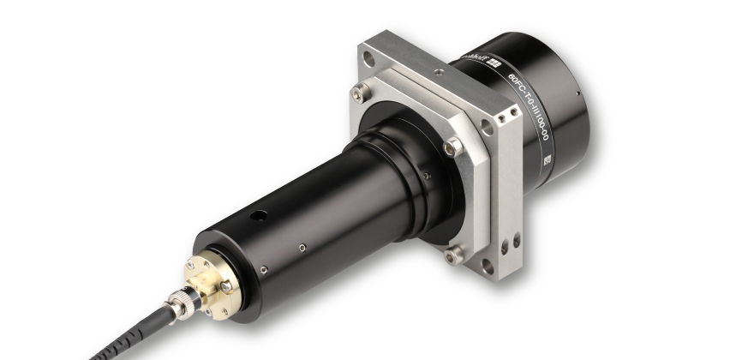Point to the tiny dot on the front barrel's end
pyautogui.click(x=579, y=93)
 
